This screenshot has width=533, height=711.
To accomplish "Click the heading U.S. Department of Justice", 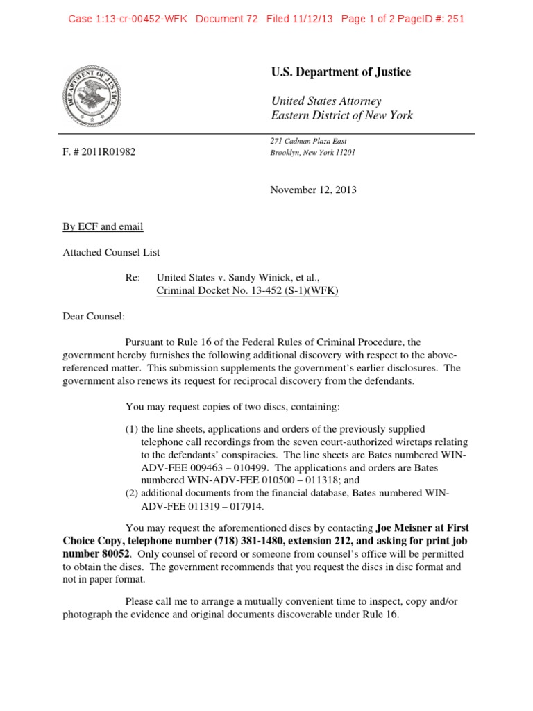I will point(340,72).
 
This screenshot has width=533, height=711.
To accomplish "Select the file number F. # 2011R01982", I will point(99,152).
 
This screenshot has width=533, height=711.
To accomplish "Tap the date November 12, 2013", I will point(313,190).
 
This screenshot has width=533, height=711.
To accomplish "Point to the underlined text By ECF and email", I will point(103,227).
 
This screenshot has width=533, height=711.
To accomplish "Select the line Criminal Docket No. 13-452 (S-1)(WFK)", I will point(248,291).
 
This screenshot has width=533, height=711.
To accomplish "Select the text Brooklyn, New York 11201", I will point(312,152).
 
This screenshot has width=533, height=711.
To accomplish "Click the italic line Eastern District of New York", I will point(341,115).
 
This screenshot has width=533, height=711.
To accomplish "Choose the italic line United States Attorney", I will point(325,101).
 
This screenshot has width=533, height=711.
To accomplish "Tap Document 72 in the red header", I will point(228,19).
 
